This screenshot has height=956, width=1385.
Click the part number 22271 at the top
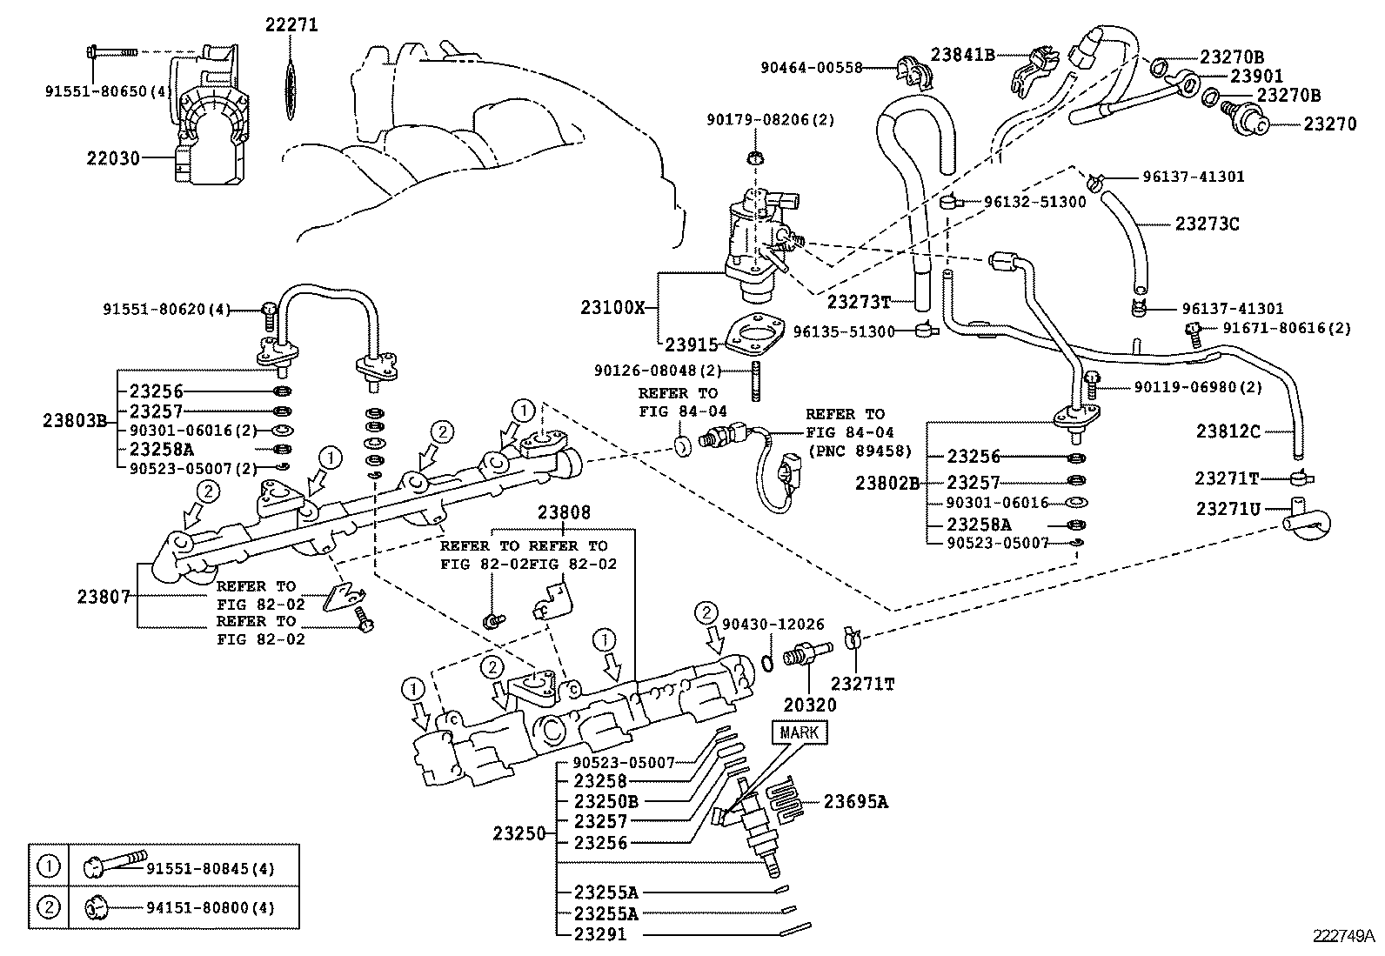(291, 25)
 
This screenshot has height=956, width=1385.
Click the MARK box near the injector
(799, 732)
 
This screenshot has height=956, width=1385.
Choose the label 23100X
(613, 307)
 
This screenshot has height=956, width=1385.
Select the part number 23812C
(1228, 431)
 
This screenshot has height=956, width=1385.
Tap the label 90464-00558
(811, 67)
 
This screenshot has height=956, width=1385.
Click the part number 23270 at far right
(1329, 124)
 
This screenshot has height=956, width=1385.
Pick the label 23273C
(1207, 224)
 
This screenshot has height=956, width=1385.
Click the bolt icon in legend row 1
(112, 866)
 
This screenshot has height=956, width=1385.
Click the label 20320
(809, 705)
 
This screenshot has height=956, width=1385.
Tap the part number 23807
(104, 596)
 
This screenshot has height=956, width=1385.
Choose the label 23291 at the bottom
(599, 935)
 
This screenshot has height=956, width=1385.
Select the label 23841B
(962, 54)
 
